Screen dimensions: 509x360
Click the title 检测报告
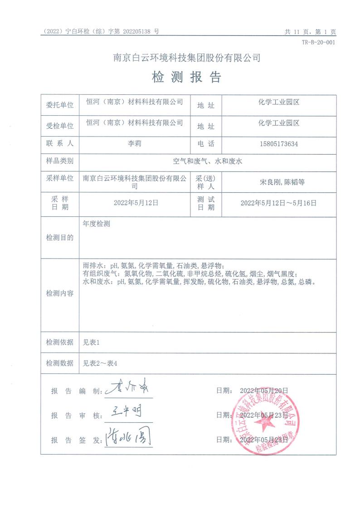point(186,78)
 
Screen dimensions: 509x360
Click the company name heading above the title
point(186,58)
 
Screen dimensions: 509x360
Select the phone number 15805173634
point(278,144)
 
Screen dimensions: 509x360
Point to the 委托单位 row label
point(59,105)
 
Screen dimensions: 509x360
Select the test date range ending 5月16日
point(278,203)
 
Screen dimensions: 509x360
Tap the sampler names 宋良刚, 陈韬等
point(278,182)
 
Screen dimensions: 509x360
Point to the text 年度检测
point(97,224)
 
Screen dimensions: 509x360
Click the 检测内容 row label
point(59,294)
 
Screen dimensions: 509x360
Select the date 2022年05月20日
point(264,390)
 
